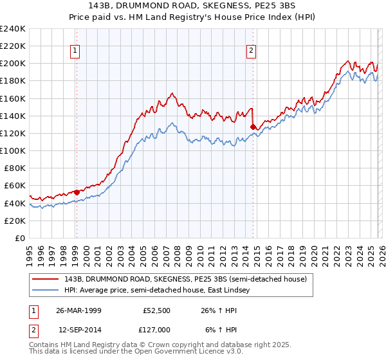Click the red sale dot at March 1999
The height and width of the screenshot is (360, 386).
click(x=77, y=192)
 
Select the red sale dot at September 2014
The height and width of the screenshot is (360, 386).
click(x=253, y=127)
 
